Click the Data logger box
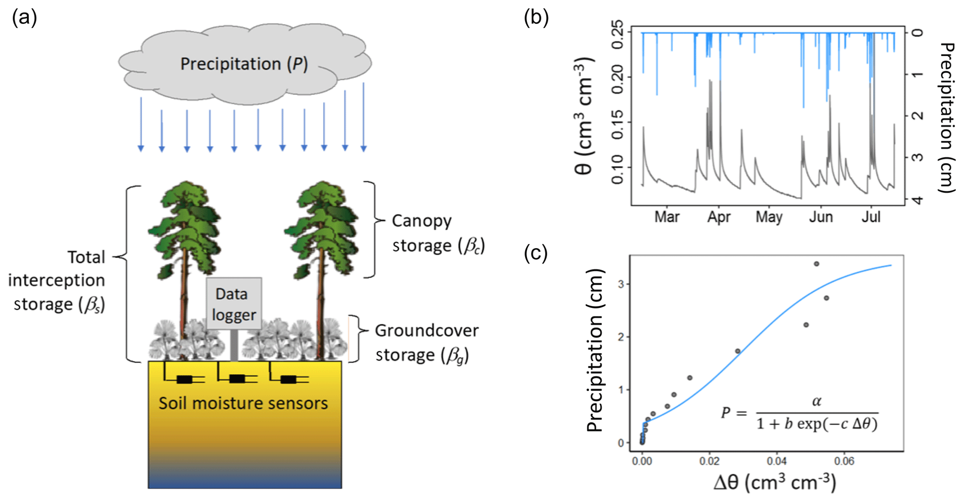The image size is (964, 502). (234, 304)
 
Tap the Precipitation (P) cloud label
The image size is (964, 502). (244, 64)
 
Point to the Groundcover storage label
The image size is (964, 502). (426, 343)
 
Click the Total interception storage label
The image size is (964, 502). (57, 280)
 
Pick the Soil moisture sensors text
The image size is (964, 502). (243, 403)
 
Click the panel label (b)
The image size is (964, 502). (536, 17)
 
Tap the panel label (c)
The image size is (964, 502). (535, 253)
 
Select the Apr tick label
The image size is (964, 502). (719, 217)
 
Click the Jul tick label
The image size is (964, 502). (871, 217)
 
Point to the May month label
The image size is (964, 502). (769, 217)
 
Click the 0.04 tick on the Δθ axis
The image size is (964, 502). (777, 461)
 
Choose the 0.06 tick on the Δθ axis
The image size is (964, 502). (844, 461)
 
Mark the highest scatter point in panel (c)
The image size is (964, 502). (817, 264)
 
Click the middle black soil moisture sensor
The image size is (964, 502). (237, 379)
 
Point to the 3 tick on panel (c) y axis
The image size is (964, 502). (621, 284)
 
